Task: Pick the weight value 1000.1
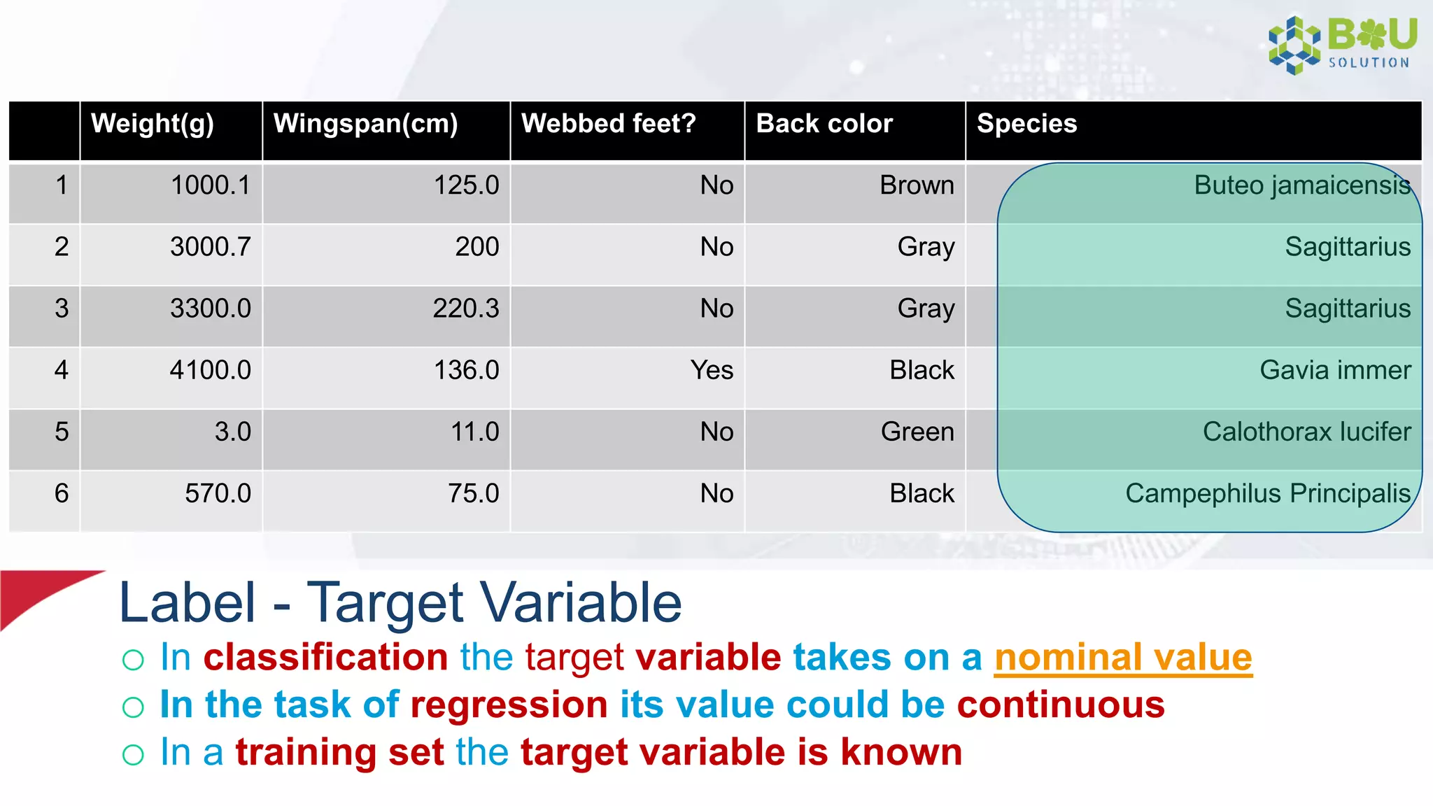(x=210, y=185)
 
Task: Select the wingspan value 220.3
(x=465, y=309)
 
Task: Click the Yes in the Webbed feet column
(x=712, y=370)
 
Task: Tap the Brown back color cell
(x=917, y=185)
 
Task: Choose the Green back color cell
(x=917, y=432)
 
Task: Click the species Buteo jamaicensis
(x=1301, y=185)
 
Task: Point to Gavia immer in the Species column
(x=1335, y=370)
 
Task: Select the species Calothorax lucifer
(x=1306, y=432)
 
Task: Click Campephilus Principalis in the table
(x=1267, y=493)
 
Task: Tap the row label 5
(x=62, y=432)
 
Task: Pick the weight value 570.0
(x=218, y=493)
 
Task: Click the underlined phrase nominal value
(x=1122, y=658)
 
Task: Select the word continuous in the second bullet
(x=1060, y=705)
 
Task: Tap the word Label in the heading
(x=188, y=603)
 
